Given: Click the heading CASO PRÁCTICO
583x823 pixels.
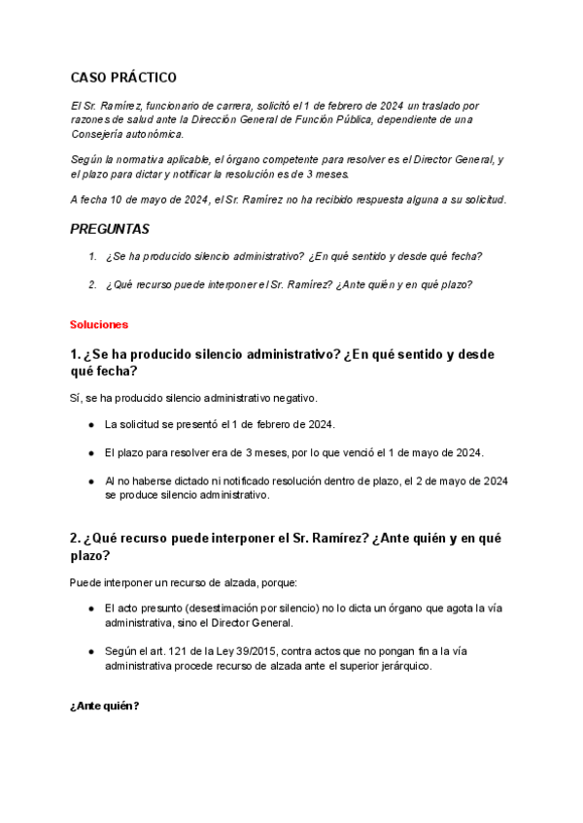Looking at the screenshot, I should [x=123, y=78].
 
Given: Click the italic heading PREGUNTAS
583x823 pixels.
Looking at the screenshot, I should [x=110, y=230].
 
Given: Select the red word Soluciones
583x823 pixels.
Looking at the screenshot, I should [x=99, y=323].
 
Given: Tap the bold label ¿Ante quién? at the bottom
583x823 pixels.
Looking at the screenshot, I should [x=104, y=706].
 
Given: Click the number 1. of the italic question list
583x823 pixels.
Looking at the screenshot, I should [x=92, y=257].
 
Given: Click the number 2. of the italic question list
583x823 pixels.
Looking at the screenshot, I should [x=92, y=284].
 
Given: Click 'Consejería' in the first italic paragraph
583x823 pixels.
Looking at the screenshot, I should [x=96, y=134].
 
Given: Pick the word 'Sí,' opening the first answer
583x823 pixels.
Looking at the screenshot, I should [x=78, y=397].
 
